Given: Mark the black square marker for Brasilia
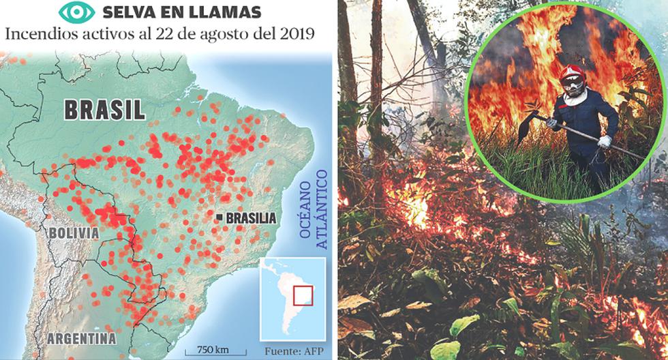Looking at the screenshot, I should click(x=219, y=217).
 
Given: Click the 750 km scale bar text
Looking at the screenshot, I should click(x=212, y=350).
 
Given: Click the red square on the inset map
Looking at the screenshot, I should click(x=303, y=296).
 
